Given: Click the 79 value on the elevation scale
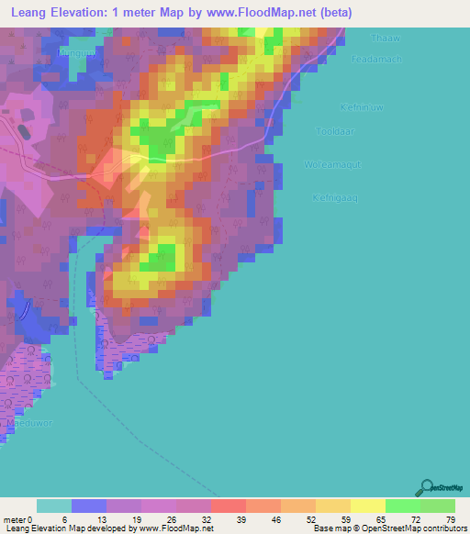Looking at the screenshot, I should click(x=450, y=517).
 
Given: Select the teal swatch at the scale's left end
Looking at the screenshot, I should click(x=53, y=506).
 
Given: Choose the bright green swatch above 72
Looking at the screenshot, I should click(x=402, y=506).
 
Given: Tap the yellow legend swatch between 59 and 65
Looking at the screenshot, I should click(x=367, y=506).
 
